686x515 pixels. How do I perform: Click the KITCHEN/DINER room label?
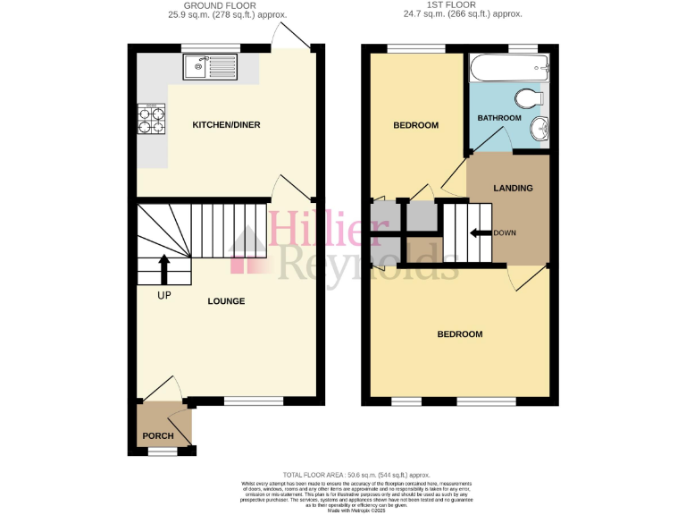click(226, 124)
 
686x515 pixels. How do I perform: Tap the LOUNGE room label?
click(226, 301)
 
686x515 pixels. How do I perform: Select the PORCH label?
click(158, 436)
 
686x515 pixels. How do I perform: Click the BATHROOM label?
click(498, 118)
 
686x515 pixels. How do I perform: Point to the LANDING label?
click(513, 188)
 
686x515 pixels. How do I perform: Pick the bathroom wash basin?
click(540, 131)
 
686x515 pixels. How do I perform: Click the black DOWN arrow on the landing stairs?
click(480, 233)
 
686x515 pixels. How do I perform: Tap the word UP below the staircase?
click(163, 295)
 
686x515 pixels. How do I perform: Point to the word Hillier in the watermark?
click(318, 229)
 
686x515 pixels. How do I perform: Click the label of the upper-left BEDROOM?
click(416, 125)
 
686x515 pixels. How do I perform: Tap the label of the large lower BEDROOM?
click(459, 334)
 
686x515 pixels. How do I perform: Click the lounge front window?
click(246, 400)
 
